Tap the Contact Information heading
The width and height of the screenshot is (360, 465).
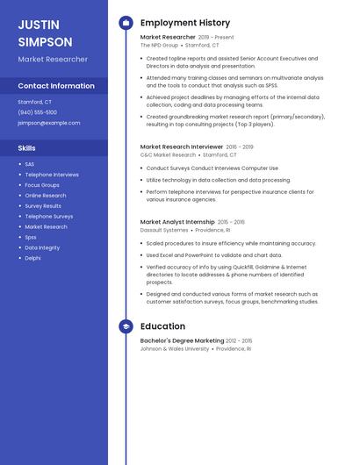click(56, 86)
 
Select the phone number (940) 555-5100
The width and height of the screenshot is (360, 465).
click(38, 112)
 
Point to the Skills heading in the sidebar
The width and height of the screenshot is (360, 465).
click(27, 148)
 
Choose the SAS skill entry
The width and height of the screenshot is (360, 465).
click(30, 164)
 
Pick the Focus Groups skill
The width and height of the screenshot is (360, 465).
click(42, 185)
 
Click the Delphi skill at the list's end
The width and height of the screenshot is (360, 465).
click(32, 258)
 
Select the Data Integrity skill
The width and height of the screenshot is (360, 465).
click(42, 247)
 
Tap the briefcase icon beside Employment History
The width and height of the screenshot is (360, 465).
click(126, 23)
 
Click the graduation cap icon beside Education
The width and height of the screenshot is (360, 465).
click(126, 327)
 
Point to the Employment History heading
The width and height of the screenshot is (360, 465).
click(185, 23)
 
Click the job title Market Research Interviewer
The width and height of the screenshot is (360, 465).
click(181, 147)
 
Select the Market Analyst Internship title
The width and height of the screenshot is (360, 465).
click(177, 222)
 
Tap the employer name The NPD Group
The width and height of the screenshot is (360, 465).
click(159, 45)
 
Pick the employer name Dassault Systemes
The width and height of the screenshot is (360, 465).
click(164, 230)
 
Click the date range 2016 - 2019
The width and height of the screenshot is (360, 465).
click(240, 147)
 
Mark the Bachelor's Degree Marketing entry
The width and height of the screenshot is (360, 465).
click(182, 340)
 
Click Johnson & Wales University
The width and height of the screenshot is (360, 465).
click(175, 348)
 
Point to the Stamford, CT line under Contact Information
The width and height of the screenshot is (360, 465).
click(35, 102)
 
